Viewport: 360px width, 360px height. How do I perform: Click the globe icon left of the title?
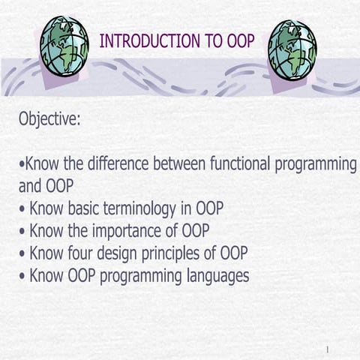pyautogui.click(x=65, y=46)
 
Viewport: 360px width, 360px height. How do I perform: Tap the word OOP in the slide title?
pyautogui.click(x=240, y=41)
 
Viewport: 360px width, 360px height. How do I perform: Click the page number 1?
pyautogui.click(x=328, y=349)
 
